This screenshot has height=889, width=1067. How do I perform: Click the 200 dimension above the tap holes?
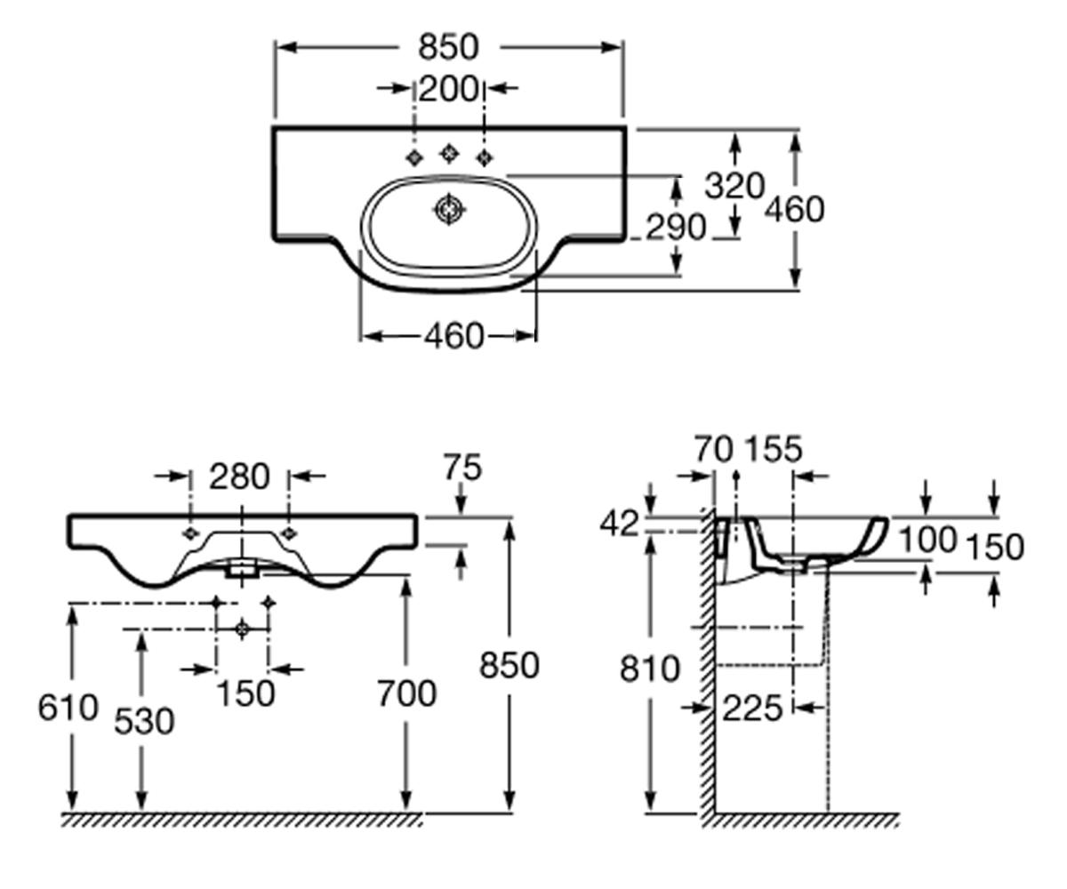tap(448, 89)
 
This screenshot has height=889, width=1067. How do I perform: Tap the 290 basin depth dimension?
tap(676, 227)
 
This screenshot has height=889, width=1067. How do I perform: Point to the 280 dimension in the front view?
tap(239, 477)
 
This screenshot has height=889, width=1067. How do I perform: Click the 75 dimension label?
tap(462, 467)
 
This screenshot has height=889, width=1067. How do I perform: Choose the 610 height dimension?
tap(68, 708)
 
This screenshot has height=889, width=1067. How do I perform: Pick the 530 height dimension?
tap(144, 721)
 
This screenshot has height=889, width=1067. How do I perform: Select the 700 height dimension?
tap(406, 693)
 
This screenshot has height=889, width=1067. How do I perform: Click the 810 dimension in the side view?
tap(650, 669)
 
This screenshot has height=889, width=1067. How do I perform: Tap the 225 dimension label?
tap(752, 709)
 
